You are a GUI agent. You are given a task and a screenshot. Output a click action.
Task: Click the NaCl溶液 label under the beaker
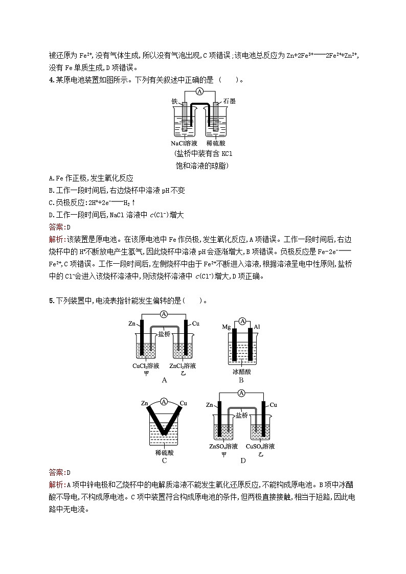point(185,143)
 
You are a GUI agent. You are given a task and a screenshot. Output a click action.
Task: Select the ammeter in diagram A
point(164,314)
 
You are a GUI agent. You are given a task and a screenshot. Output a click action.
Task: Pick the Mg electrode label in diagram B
point(227,326)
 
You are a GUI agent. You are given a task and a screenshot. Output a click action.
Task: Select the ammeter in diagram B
point(242,321)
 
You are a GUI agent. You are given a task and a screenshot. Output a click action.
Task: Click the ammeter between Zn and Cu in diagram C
point(164,402)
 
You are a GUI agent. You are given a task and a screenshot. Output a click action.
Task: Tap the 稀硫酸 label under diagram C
point(164,452)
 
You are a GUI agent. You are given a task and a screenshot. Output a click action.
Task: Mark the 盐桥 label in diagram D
point(242,416)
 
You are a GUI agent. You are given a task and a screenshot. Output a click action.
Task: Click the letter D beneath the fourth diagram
point(243,461)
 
